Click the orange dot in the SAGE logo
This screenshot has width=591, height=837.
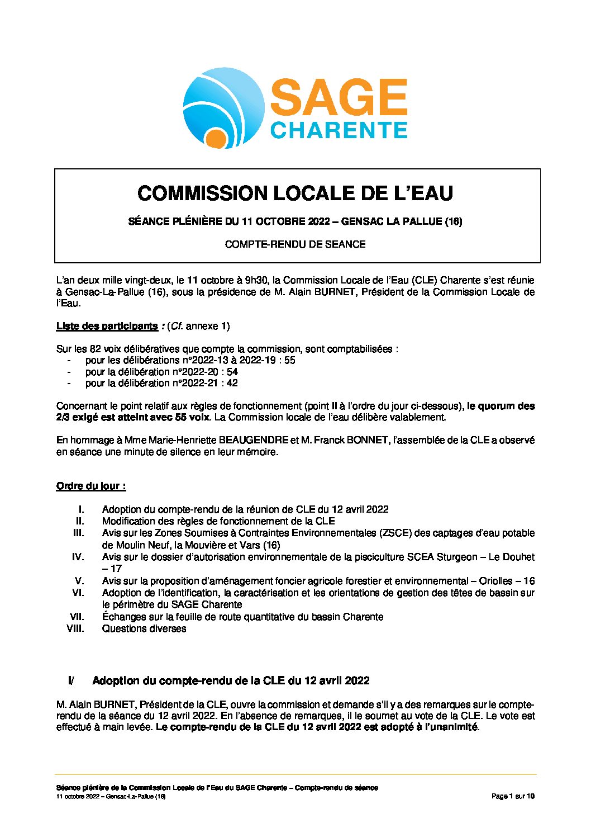(x=215, y=139)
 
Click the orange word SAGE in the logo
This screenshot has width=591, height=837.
(x=339, y=97)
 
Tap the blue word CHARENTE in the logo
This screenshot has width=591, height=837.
(x=339, y=130)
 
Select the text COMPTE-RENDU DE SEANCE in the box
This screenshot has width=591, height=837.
(x=295, y=244)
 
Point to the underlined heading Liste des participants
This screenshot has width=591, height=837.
(x=107, y=326)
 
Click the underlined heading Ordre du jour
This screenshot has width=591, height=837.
(x=90, y=486)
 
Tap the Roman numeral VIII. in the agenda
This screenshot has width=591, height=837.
(x=75, y=628)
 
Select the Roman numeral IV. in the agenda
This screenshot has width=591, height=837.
(x=78, y=557)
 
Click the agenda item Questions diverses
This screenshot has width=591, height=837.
(x=144, y=628)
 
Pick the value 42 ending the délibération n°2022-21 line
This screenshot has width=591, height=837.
(x=232, y=383)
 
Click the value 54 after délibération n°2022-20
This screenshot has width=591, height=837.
(x=232, y=372)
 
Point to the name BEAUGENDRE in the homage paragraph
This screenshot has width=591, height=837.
(x=254, y=440)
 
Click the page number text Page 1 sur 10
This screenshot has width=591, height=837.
(x=513, y=796)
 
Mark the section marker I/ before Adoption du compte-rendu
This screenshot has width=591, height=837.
(x=71, y=680)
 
